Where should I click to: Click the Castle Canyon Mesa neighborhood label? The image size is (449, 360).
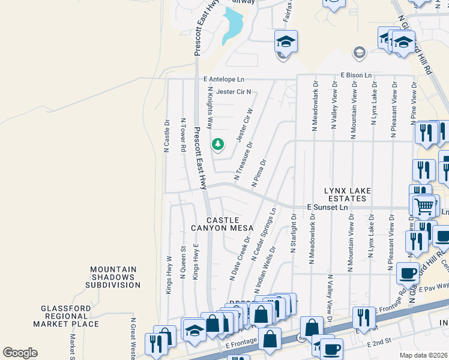pyautogui.click(x=222, y=224)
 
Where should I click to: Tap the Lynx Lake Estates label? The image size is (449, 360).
pyautogui.click(x=345, y=194)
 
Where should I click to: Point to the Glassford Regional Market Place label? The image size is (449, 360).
pyautogui.click(x=66, y=316)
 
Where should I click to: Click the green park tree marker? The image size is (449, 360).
pyautogui.click(x=217, y=145)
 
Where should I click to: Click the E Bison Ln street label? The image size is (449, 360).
pyautogui.click(x=356, y=75)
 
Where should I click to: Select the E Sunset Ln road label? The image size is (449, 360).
pyautogui.click(x=327, y=207)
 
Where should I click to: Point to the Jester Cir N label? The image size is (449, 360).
pyautogui.click(x=234, y=92)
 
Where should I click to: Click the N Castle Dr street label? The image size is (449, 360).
pyautogui.click(x=167, y=136)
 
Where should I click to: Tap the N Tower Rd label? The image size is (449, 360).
pyautogui.click(x=183, y=134)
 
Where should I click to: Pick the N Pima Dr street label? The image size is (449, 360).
pyautogui.click(x=259, y=174)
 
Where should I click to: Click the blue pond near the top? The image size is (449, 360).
pyautogui.click(x=233, y=26)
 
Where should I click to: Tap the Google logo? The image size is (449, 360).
pyautogui.click(x=20, y=353)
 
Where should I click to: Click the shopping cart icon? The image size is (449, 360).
pyautogui.click(x=424, y=205)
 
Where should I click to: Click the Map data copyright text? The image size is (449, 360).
pyautogui.click(x=423, y=355)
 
